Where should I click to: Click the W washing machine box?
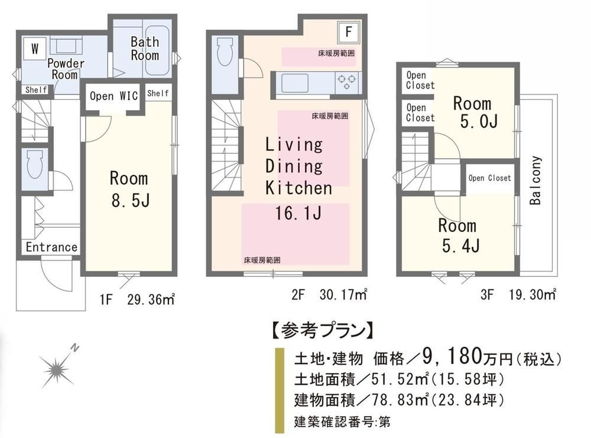[x=35, y=49]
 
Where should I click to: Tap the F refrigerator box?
[x=348, y=32]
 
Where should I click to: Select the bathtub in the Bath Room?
[x=157, y=50]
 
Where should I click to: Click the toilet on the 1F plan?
[x=35, y=165]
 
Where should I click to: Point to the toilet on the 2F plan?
[x=225, y=51]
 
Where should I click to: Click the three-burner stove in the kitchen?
[x=346, y=83]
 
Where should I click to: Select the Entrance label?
[x=51, y=247]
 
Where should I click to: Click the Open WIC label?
[x=113, y=96]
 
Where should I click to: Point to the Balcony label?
[x=535, y=180]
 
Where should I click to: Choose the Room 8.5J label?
[x=129, y=189]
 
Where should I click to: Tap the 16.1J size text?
[x=298, y=213]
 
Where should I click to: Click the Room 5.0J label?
[x=475, y=112]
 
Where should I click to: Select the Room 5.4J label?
[x=459, y=236]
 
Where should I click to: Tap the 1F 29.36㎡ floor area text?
[x=137, y=299]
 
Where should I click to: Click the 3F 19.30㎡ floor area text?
[x=518, y=294]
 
